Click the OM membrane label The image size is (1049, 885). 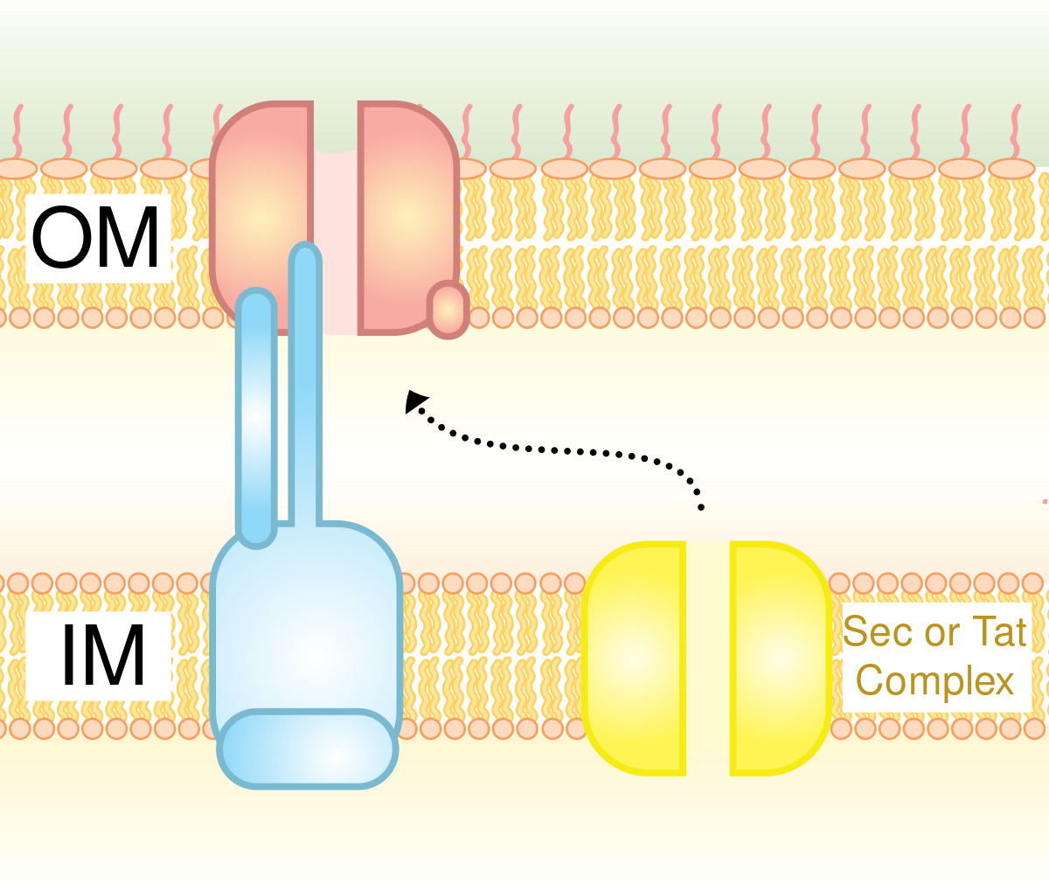[97, 238]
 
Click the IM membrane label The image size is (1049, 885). [101, 656]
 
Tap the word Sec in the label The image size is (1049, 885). [878, 631]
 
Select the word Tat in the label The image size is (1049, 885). [999, 631]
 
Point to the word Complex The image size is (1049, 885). [935, 680]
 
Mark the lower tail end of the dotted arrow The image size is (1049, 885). [700, 505]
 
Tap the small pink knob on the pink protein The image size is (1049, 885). [448, 309]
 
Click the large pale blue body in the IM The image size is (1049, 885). [306, 621]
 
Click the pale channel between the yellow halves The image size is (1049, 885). [708, 658]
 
